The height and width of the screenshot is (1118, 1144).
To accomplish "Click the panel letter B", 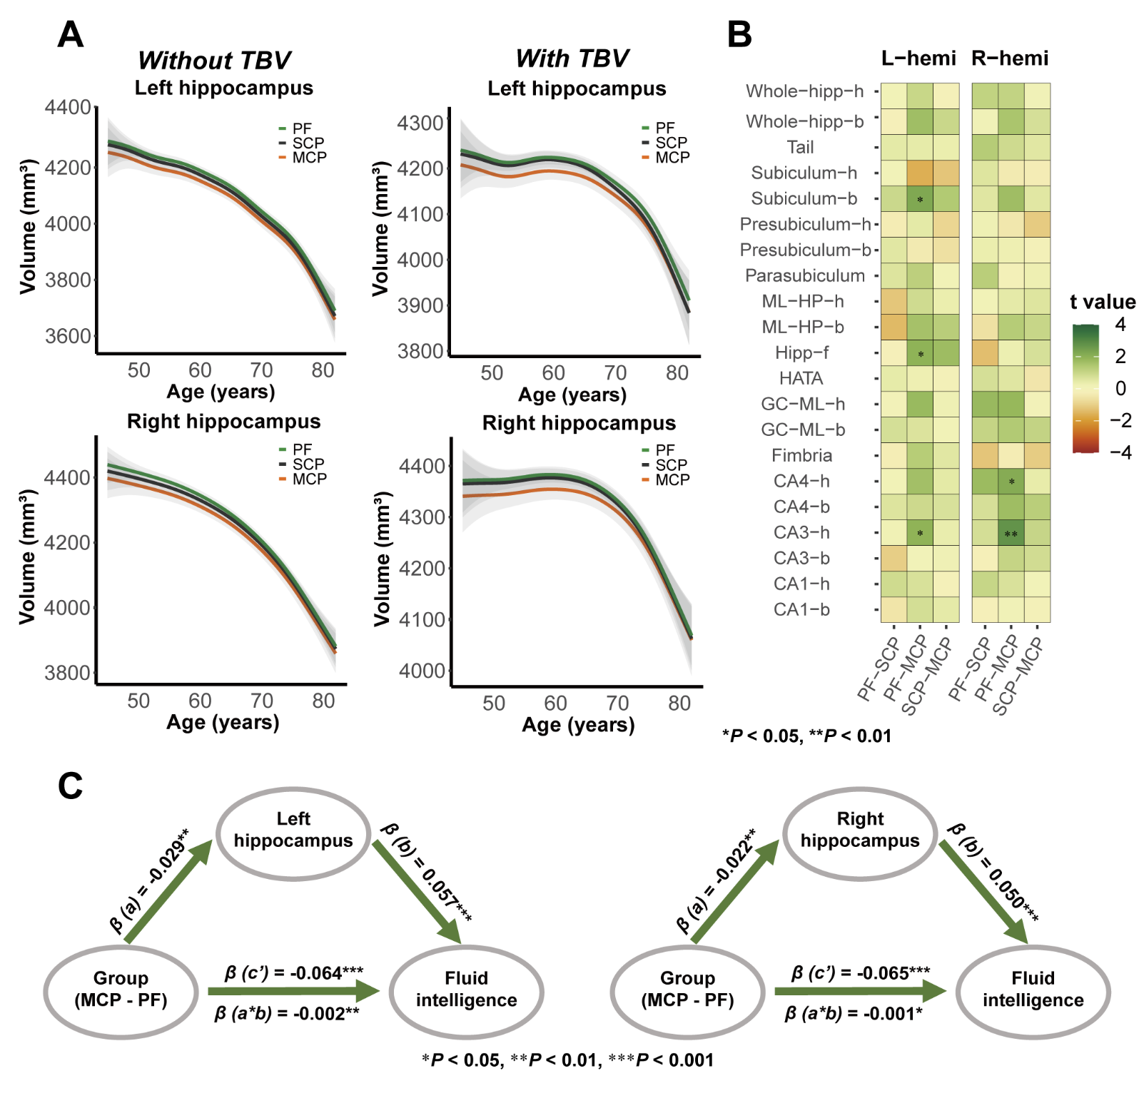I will pos(739,34).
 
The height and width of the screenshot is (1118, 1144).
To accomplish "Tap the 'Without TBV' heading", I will pos(214,61).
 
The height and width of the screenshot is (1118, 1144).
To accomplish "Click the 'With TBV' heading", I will pos(572,59).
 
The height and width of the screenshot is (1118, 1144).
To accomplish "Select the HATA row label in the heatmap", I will pos(801,378).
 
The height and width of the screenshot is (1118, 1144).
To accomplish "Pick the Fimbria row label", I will pos(801,455).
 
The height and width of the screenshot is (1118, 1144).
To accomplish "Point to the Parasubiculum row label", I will pos(804,275).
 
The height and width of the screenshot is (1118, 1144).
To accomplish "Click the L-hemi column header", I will pos(918,59).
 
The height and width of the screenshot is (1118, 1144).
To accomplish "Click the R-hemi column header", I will pos(1010,59).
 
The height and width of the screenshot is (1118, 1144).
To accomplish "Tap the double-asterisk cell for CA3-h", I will pos(1011,533).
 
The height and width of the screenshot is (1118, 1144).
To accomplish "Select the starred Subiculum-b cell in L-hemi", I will pos(920,199).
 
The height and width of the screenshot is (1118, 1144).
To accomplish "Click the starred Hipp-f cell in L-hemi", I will pos(920,353).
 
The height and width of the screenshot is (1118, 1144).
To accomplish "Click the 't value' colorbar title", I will pos(1103,302).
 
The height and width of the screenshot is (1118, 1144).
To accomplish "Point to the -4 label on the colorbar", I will pos(1121,452).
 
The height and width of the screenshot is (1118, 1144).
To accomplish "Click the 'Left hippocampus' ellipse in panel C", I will pos(293,833).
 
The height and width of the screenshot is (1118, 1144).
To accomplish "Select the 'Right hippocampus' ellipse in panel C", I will pos(859,833).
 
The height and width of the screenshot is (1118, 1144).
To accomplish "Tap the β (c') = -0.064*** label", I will pos(294,973).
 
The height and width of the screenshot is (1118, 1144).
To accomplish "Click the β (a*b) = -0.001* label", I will pos(853,1013).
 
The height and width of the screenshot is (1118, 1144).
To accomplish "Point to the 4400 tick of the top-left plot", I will pos(68,108).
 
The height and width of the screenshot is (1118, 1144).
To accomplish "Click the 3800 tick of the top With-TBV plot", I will pos(420,351).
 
